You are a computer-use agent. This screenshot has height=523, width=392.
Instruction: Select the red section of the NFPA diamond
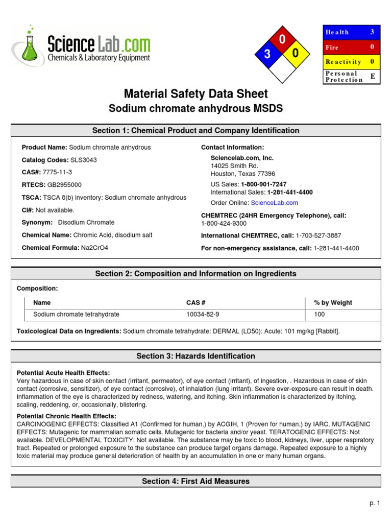coord(282,40)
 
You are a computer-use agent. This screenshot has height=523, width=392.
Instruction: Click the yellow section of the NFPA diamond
coord(296,54)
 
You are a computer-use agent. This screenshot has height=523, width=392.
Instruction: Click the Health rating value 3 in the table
coord(372,32)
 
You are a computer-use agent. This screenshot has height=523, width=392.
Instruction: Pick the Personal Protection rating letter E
coord(372,76)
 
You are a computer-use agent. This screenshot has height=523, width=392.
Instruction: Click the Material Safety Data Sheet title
coord(195,94)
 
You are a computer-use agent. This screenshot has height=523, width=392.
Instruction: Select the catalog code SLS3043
coord(84,160)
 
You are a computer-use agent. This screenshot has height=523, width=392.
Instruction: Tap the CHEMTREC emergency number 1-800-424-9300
coord(224,223)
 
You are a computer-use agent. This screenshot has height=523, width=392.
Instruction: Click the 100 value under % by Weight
coord(320,315)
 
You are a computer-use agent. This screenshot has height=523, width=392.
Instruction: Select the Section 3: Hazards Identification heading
coord(195,356)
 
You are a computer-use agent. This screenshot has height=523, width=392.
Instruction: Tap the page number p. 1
coord(375,503)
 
